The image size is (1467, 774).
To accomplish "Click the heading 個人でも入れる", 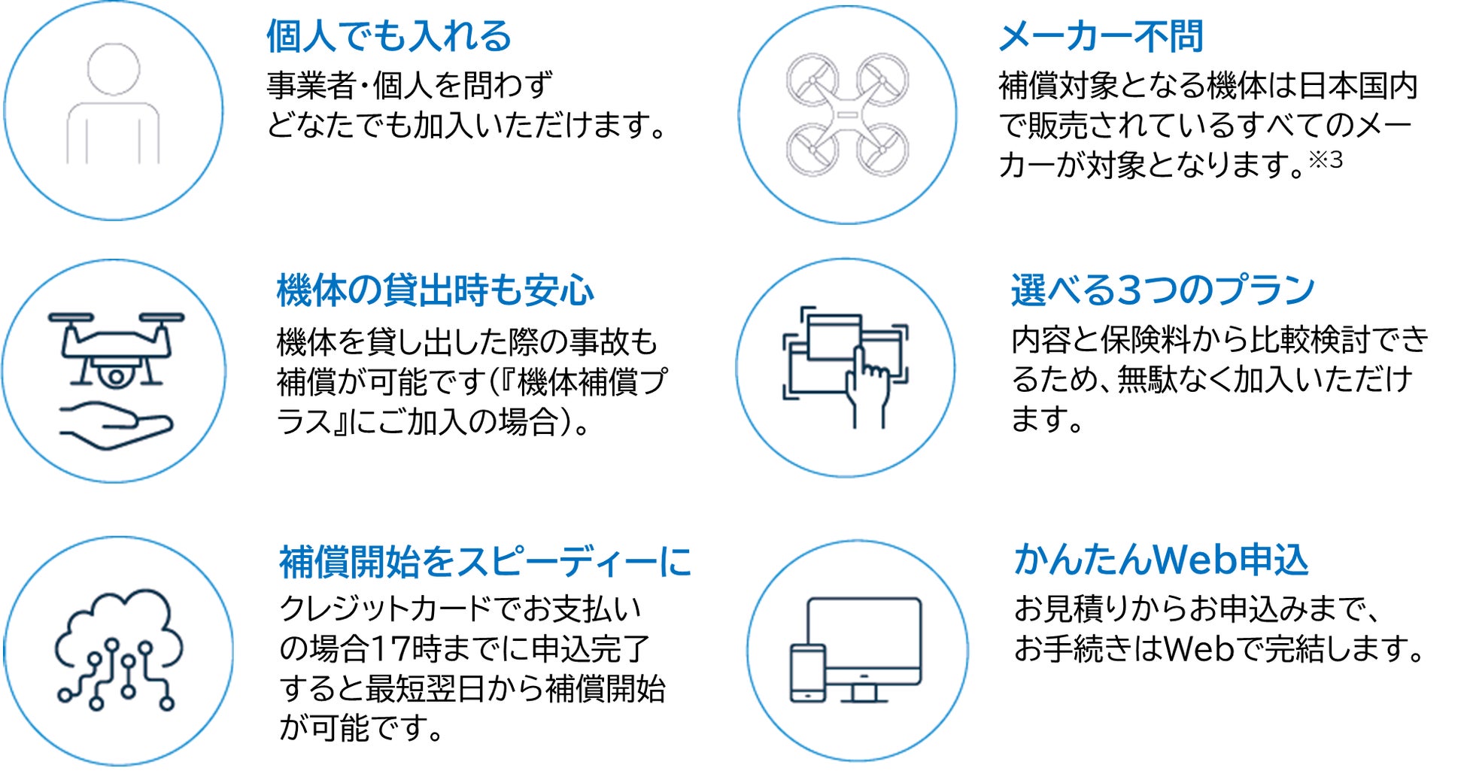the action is (x=388, y=36).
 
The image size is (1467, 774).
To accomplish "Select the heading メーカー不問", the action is (x=1101, y=36).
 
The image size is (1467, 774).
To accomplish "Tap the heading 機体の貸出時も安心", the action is (x=435, y=290).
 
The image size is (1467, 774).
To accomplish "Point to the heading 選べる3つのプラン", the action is (x=1162, y=290).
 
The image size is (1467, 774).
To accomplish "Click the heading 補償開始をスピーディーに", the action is (x=484, y=562).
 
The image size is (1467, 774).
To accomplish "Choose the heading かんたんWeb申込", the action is (x=1161, y=560).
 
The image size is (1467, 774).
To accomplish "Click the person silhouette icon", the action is (x=113, y=105).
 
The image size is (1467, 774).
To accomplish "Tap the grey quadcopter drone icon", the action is (x=847, y=114).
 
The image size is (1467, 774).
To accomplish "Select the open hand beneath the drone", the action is (x=117, y=425).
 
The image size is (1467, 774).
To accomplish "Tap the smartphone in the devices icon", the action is (x=807, y=673).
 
